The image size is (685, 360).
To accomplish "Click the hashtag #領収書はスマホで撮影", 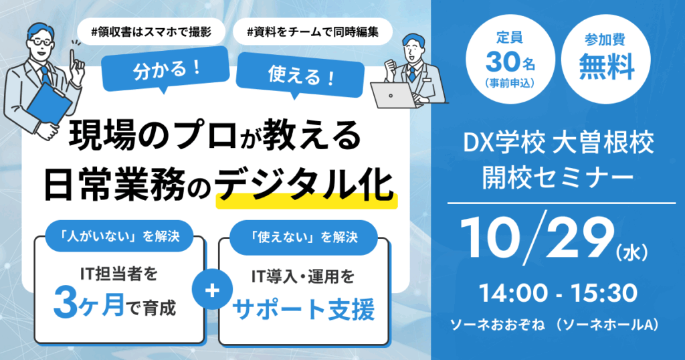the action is pos(151,32).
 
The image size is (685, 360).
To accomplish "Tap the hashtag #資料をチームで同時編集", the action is pos(313,32).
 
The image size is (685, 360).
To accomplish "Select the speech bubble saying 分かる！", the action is pos(166,69).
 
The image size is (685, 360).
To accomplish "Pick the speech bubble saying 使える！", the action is pos(300,75).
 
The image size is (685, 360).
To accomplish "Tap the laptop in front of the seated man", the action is pos(395,95).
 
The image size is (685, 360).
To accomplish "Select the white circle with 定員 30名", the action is pos(510,59).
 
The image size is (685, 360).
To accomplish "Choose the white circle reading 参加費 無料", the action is pos(606,59).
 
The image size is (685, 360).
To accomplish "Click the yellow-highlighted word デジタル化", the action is pos(306,185).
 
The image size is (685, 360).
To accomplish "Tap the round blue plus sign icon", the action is pos(212,290).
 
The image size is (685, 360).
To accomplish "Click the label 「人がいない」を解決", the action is pos(119,236).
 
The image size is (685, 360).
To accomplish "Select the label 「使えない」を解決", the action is pos(303,238).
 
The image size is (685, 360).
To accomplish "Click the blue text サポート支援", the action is pos(303,309).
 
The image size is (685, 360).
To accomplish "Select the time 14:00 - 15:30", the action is pos(559,293).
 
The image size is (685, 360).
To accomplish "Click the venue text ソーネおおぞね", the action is pos(497,325).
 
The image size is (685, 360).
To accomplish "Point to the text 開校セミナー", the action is pos(558,177).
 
